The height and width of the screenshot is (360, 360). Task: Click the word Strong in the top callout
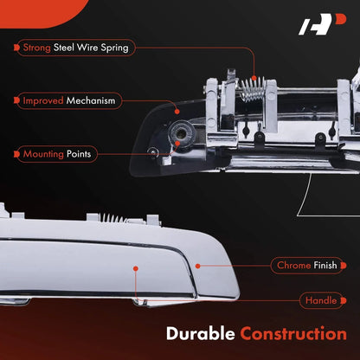(37, 48)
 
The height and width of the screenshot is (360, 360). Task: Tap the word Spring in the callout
(114, 48)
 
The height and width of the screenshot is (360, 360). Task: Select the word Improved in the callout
(43, 100)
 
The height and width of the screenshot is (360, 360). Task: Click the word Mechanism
(91, 100)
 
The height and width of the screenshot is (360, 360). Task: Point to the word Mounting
(43, 154)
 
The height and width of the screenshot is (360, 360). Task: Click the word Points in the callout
(79, 154)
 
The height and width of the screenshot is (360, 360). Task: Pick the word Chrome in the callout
(294, 265)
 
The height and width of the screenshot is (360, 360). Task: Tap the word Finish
(325, 265)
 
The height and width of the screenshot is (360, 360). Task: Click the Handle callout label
(321, 300)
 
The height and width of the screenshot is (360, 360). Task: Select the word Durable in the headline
(201, 334)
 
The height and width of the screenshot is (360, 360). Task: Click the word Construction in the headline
(293, 334)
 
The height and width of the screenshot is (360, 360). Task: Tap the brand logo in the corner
(322, 24)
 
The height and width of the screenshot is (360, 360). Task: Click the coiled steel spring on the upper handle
(254, 89)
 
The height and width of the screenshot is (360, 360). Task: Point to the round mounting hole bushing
(182, 133)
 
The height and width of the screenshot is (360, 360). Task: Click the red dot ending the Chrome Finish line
(197, 266)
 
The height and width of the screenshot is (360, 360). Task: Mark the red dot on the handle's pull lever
(136, 268)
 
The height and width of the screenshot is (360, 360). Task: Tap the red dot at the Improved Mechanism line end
(177, 112)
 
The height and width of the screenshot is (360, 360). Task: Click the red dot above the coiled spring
(254, 78)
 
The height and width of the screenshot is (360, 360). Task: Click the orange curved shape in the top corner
(41, 12)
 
